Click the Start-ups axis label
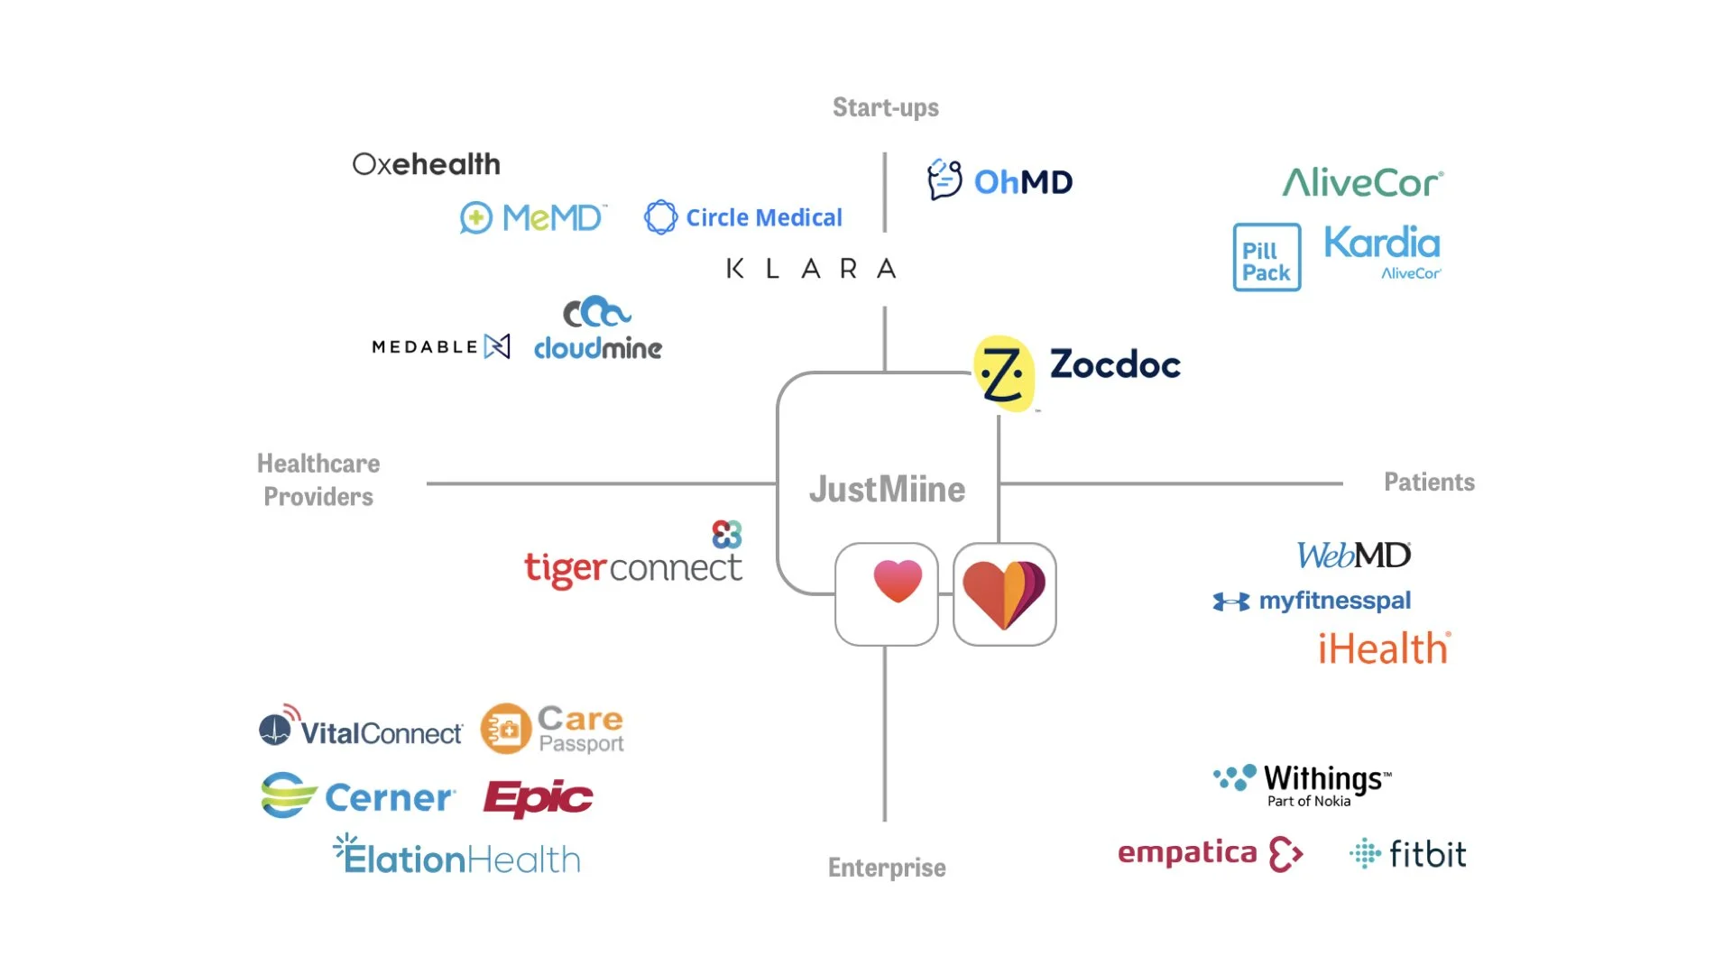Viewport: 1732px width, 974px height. click(x=885, y=107)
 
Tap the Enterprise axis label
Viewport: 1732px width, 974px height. click(x=887, y=868)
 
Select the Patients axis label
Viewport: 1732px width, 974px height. click(x=1429, y=482)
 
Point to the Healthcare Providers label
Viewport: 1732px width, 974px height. click(x=318, y=480)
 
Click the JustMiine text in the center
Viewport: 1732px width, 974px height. click(x=887, y=489)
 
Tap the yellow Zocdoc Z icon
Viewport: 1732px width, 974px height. click(x=1003, y=373)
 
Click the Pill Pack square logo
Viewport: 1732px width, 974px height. click(x=1267, y=258)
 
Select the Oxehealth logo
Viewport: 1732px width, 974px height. click(x=426, y=164)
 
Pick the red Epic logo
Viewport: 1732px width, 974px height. click(x=538, y=798)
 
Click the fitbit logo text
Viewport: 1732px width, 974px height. click(x=1427, y=854)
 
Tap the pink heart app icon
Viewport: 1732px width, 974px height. click(x=887, y=593)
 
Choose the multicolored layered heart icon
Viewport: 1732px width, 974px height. click(x=1004, y=593)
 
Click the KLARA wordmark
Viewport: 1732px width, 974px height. click(x=811, y=269)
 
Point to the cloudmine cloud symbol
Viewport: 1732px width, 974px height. click(x=595, y=312)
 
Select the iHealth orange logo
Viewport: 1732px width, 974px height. click(x=1384, y=648)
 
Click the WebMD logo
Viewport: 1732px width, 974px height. click(x=1353, y=555)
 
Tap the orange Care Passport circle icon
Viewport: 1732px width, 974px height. click(x=505, y=729)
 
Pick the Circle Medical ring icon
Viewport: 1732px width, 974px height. click(x=660, y=217)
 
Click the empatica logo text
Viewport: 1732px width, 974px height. click(x=1187, y=852)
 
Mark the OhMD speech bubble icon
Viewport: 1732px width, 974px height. click(x=944, y=179)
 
